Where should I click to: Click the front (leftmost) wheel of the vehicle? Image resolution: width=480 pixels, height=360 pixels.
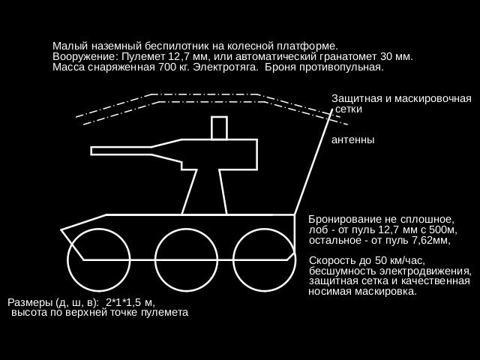(97, 259)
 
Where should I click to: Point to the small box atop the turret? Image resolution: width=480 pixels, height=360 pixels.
(219, 128)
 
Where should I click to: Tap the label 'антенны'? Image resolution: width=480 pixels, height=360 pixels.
(352, 140)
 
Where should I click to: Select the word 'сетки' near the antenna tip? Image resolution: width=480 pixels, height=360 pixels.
(349, 109)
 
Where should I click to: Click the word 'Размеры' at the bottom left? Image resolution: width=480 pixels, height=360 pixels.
(30, 302)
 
